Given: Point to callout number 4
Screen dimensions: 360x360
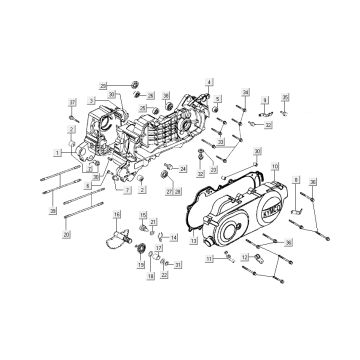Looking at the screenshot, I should pyautogui.click(x=209, y=79).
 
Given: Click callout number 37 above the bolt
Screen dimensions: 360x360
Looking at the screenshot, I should pyautogui.click(x=72, y=103).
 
